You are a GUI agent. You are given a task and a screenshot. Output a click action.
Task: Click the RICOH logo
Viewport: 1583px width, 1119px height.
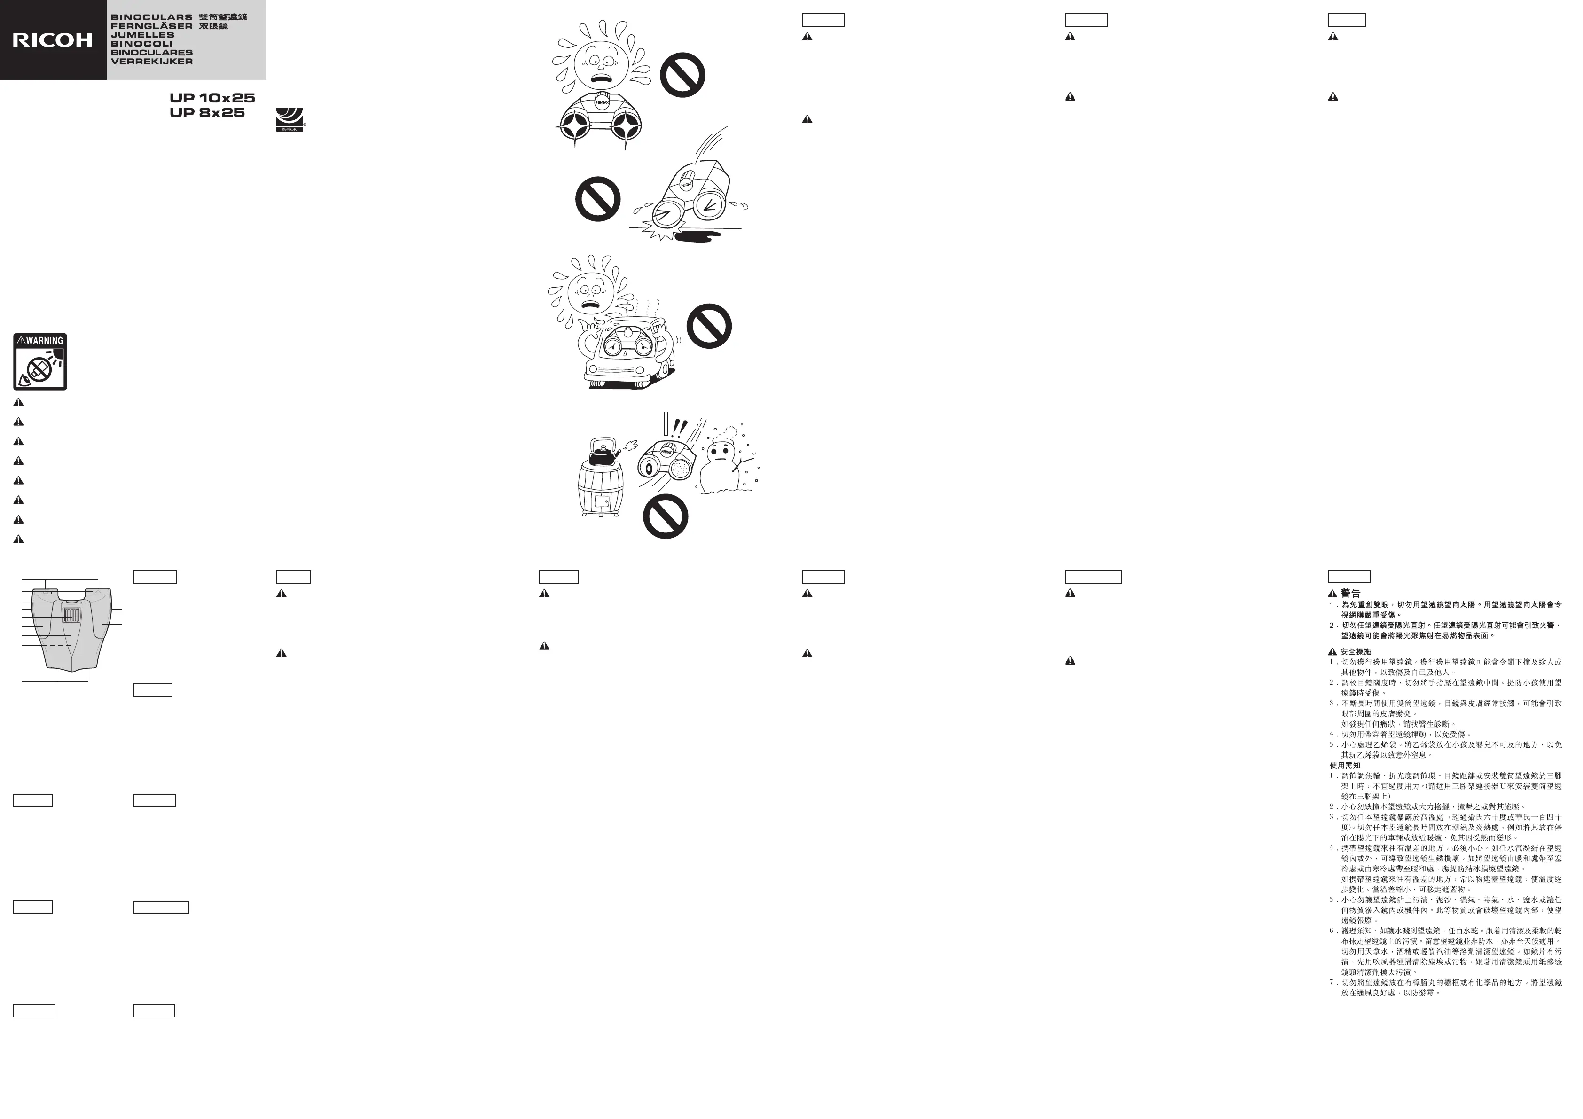click(52, 40)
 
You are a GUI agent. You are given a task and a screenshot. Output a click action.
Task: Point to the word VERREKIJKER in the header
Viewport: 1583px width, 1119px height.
click(152, 62)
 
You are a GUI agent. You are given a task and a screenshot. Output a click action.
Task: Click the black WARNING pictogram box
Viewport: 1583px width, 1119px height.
click(40, 362)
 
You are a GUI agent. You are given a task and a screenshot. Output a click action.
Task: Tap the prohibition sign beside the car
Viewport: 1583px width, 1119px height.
click(709, 326)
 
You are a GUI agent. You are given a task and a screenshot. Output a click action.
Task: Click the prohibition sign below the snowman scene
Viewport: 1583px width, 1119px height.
click(666, 516)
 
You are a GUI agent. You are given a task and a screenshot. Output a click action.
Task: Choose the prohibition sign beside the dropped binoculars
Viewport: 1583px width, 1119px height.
click(598, 199)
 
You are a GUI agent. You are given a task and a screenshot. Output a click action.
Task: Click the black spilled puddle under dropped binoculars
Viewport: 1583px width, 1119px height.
click(697, 237)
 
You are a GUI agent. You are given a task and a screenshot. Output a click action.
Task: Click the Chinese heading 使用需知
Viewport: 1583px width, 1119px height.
click(1344, 765)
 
